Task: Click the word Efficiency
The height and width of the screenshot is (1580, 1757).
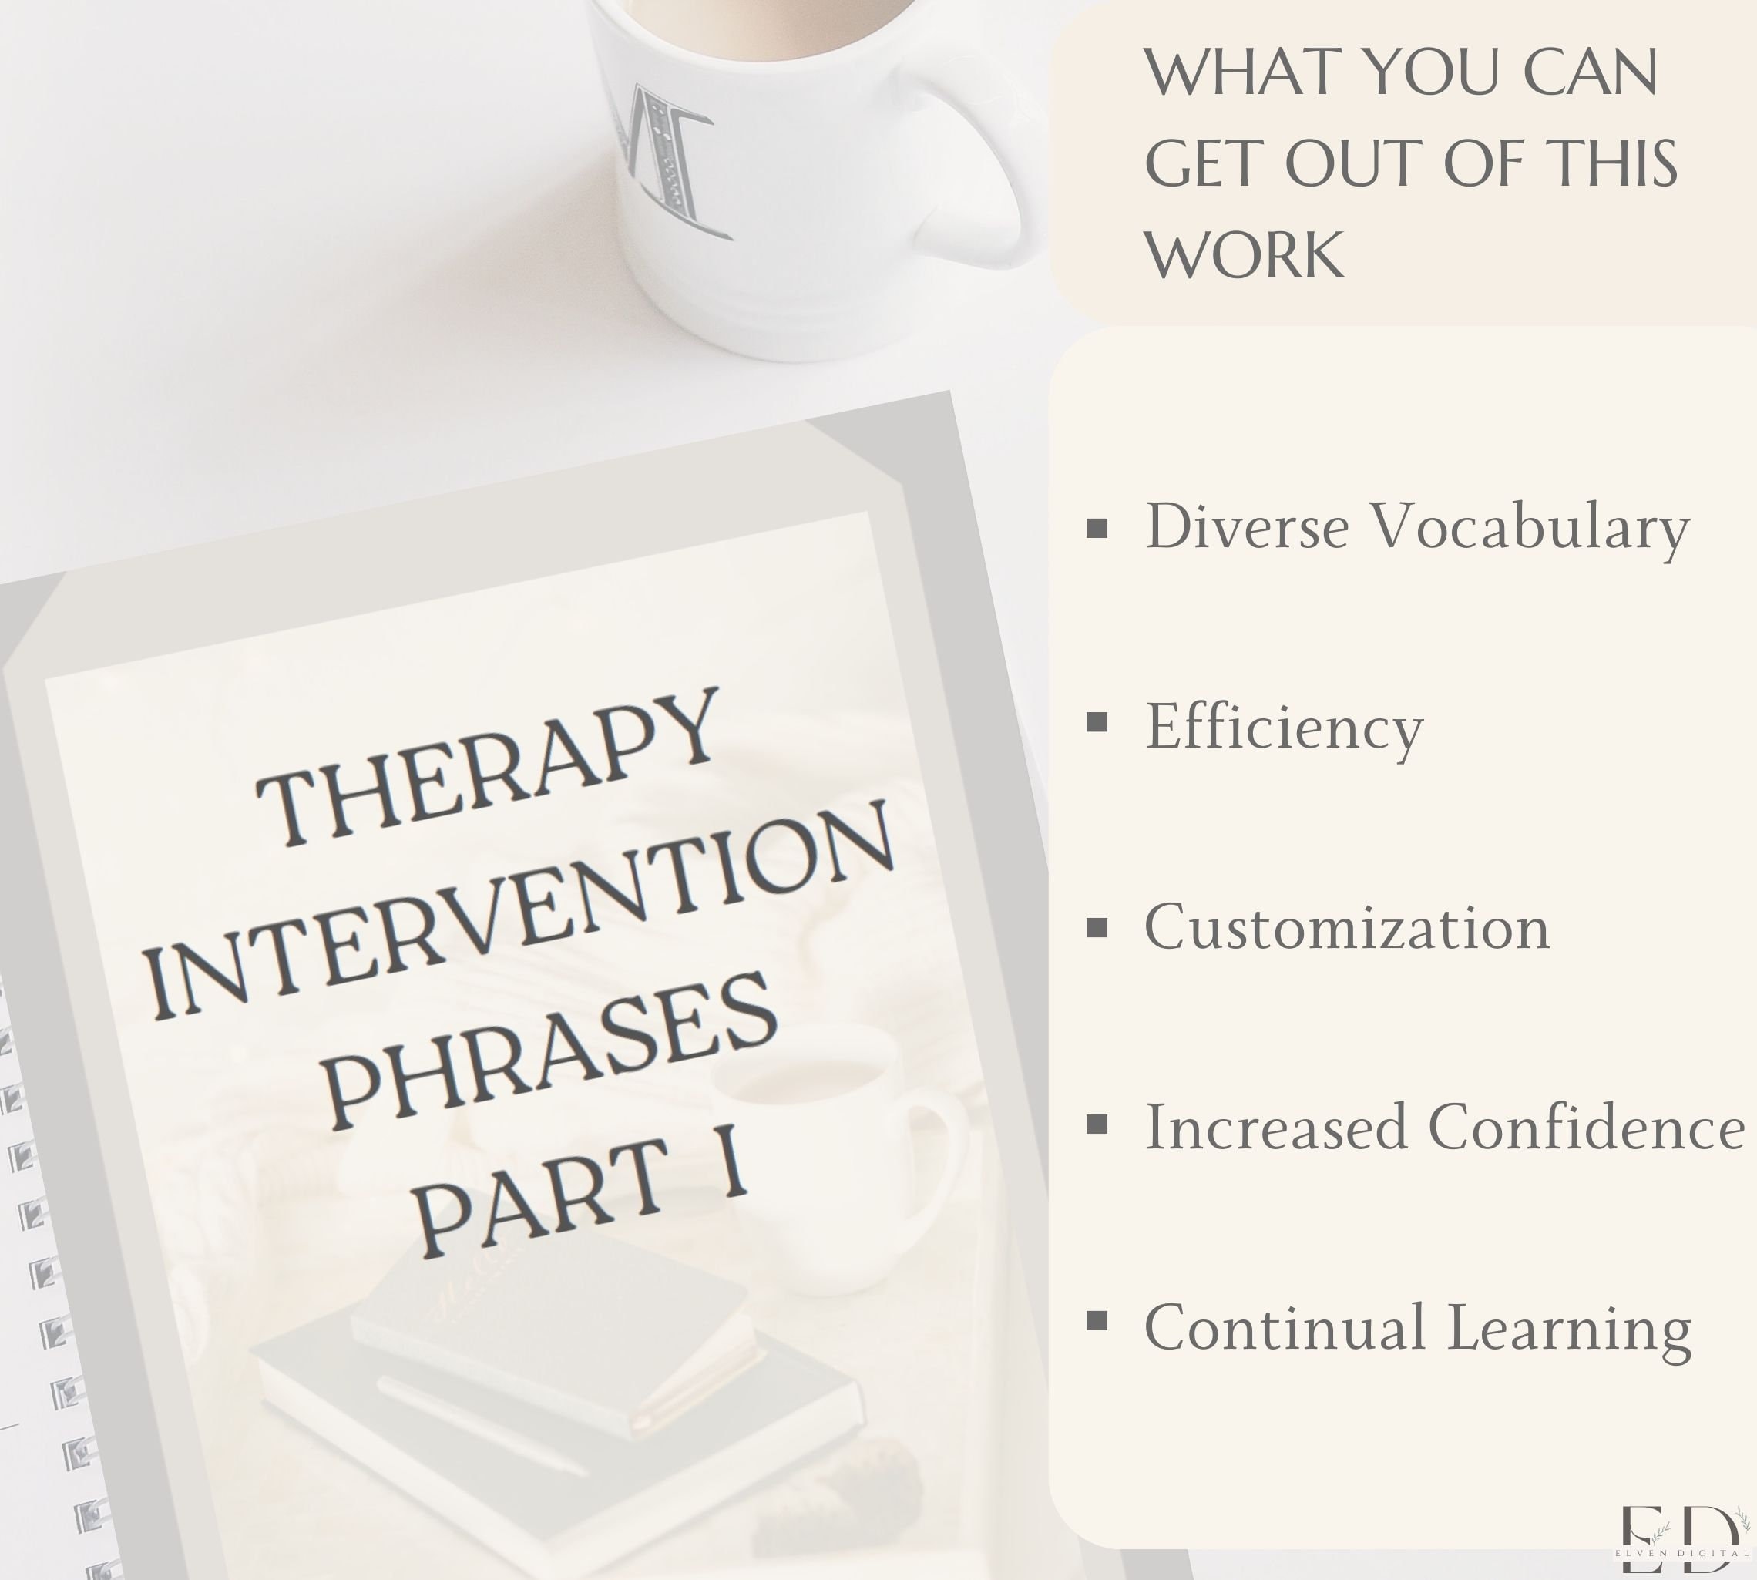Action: (x=1284, y=728)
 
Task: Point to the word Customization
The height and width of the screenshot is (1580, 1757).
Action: (x=1346, y=928)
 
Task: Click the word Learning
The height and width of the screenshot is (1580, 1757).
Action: (x=1570, y=1328)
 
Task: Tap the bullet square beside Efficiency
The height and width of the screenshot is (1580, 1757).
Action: (x=1097, y=722)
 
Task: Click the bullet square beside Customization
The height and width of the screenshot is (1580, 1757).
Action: (x=1097, y=928)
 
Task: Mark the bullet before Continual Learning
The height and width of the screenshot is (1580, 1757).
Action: (x=1097, y=1321)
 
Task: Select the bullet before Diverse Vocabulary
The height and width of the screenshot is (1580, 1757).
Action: (x=1097, y=528)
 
